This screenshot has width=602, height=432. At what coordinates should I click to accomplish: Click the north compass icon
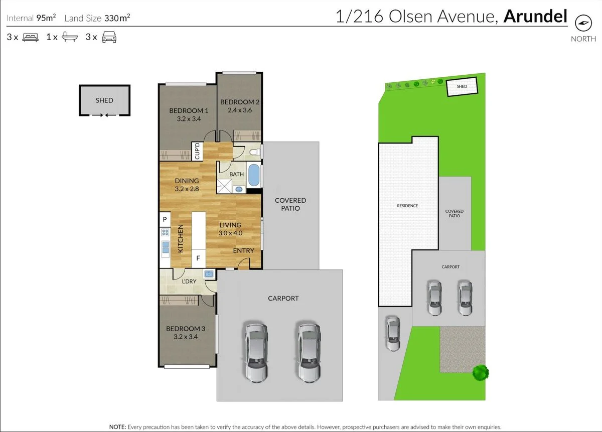click(x=583, y=23)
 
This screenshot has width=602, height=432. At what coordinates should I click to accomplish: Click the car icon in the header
click(x=109, y=37)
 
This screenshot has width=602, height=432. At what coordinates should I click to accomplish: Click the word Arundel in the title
click(x=535, y=17)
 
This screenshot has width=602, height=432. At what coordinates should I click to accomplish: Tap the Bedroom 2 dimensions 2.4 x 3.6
click(x=239, y=110)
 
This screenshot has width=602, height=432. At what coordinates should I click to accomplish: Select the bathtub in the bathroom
click(x=254, y=175)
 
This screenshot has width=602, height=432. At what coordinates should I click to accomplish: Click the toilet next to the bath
click(x=255, y=151)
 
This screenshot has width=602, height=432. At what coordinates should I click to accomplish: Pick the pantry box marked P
click(x=165, y=220)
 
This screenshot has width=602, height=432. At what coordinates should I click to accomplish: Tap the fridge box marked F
click(x=199, y=258)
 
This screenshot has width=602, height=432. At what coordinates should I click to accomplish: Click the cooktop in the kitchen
click(x=165, y=232)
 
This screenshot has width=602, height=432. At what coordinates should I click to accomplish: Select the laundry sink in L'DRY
click(x=209, y=274)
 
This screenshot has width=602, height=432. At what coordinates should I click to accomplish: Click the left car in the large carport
click(x=256, y=351)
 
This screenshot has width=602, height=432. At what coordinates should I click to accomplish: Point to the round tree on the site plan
click(x=480, y=372)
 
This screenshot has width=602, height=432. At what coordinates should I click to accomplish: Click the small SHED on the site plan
click(x=462, y=87)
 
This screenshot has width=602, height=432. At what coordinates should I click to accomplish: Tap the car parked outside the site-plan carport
click(x=393, y=334)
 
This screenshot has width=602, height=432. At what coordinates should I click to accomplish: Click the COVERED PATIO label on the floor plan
click(x=290, y=204)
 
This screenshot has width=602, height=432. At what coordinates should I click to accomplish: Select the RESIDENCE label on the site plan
click(x=407, y=206)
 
